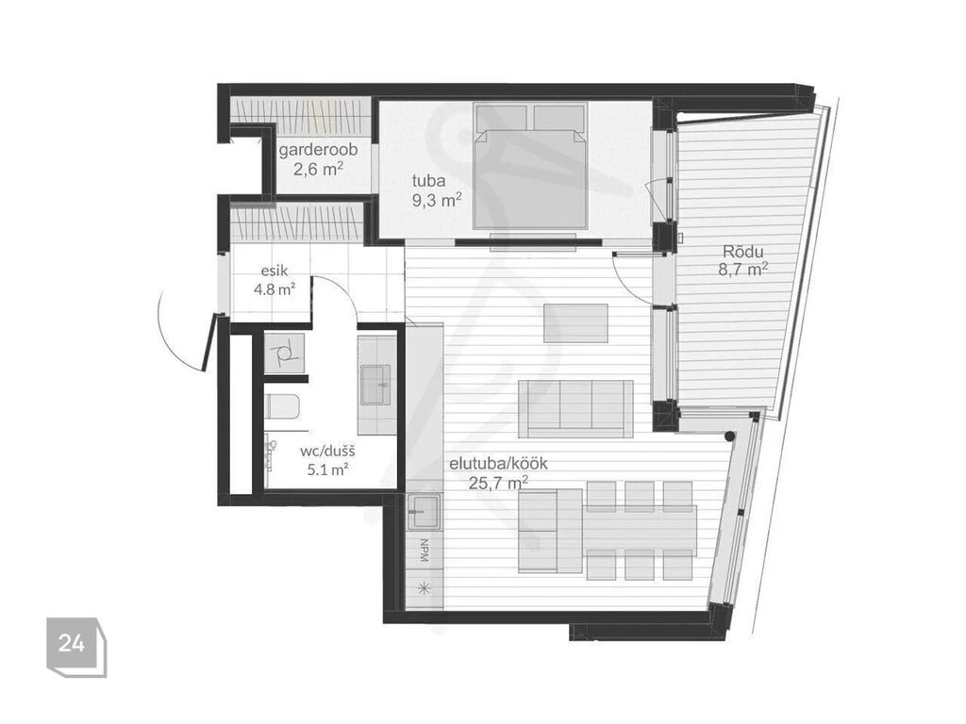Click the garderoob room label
tap(318, 150)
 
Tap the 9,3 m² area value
tap(437, 200)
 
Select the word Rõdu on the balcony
tap(743, 251)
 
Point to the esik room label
tap(275, 271)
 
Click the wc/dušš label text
tap(327, 452)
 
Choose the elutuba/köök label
tap(498, 464)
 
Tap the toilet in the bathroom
tap(283, 407)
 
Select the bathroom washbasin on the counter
tap(375, 385)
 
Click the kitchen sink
tap(424, 512)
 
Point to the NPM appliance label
tap(424, 551)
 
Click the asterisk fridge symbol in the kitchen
tap(424, 587)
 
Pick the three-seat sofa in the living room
tap(575, 409)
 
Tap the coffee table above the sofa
tap(575, 323)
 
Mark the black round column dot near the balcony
tap(729, 436)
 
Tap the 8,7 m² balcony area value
tap(743, 269)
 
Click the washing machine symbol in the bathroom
tap(284, 354)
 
